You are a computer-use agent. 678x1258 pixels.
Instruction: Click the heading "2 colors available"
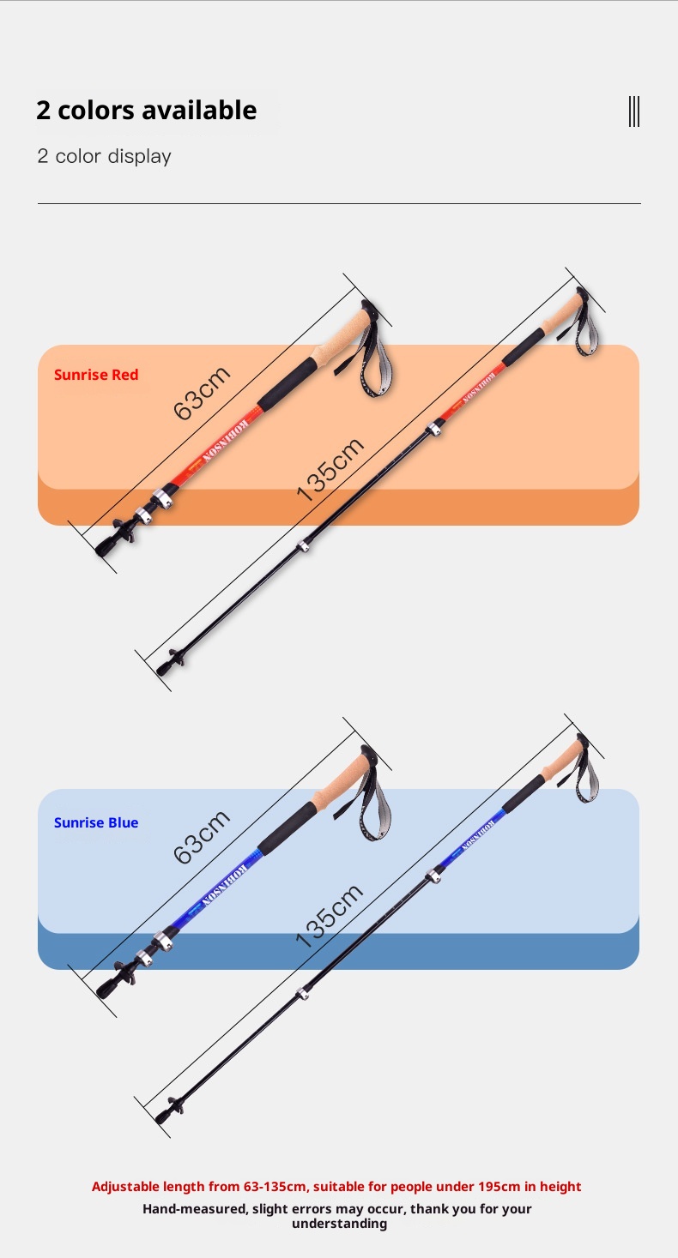click(146, 111)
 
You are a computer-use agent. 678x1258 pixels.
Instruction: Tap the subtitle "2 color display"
click(104, 156)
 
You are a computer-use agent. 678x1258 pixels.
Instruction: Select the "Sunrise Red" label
click(96, 375)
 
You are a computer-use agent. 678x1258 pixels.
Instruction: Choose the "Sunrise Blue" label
click(96, 822)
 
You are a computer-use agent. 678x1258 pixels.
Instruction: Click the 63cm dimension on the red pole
click(203, 393)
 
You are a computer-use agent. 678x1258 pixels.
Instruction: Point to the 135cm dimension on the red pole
click(330, 468)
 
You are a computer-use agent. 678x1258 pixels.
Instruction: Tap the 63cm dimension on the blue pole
click(203, 837)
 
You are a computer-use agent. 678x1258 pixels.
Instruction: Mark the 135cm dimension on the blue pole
click(330, 914)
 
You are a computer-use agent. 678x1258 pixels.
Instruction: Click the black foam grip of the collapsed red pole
click(287, 382)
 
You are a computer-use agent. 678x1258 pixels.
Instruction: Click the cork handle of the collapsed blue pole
click(343, 784)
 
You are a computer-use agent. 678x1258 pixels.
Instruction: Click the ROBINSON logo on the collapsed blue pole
click(225, 883)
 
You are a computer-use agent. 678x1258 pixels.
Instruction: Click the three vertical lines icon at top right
click(634, 111)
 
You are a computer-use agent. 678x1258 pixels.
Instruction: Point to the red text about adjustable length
click(336, 1187)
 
